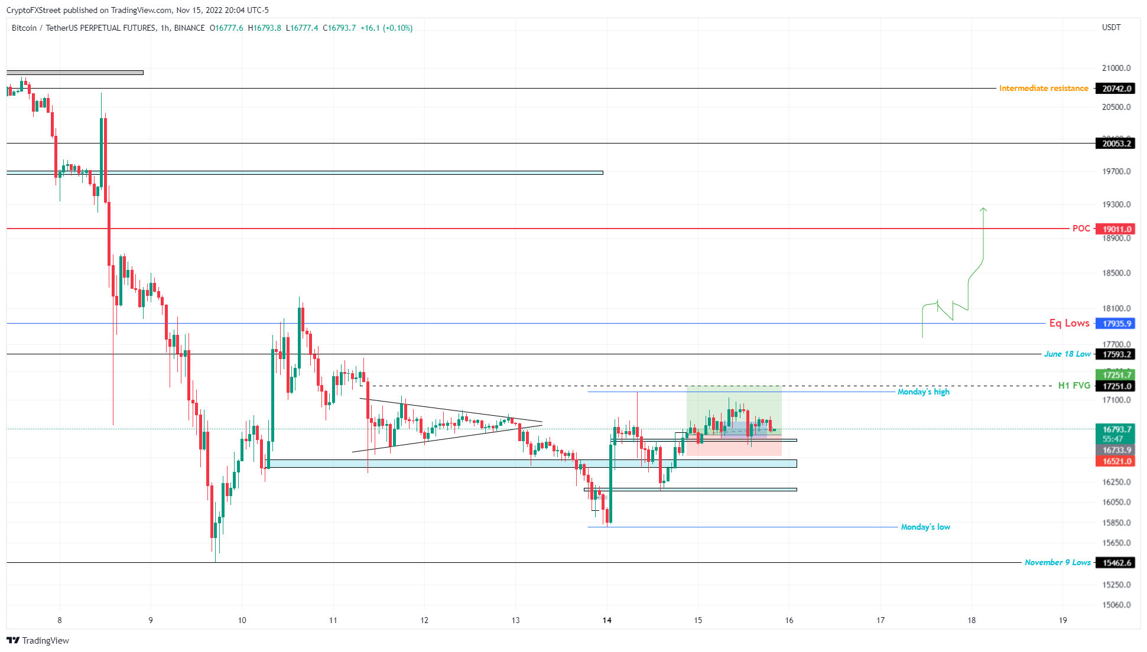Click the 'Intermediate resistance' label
[x=1043, y=89]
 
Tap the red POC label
[x=1081, y=229]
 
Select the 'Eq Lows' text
[x=1069, y=323]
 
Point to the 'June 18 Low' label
[x=1067, y=354]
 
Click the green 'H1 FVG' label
[x=1074, y=386]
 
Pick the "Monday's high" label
[x=923, y=392]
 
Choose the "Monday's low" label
[x=925, y=527]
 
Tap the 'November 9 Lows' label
[x=1057, y=562]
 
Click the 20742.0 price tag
[x=1116, y=89]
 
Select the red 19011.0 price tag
[x=1116, y=229]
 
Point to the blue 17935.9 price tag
[x=1116, y=324]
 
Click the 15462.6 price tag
[x=1116, y=563]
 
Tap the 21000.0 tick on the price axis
[x=1116, y=68]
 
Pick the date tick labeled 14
[x=607, y=620]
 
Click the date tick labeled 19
[x=1062, y=620]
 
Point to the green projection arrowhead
[x=983, y=209]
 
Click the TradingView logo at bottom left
[x=38, y=641]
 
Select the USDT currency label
[x=1111, y=28]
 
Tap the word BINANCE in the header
[x=189, y=28]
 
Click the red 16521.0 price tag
[x=1116, y=461]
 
